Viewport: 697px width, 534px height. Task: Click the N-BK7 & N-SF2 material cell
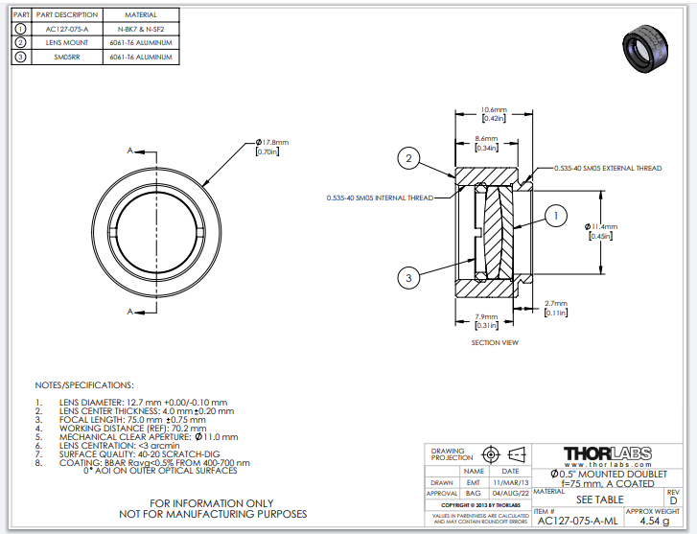point(141,29)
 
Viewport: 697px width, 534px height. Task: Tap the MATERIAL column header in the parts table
point(141,15)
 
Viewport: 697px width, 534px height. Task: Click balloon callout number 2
point(408,159)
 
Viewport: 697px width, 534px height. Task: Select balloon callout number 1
point(553,216)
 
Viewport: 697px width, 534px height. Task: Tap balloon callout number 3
point(408,278)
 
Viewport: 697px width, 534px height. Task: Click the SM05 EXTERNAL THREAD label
point(607,168)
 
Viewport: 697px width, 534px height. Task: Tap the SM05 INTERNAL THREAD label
point(380,198)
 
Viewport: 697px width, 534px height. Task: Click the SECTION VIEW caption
point(495,342)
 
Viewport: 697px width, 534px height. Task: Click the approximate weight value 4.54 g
point(653,521)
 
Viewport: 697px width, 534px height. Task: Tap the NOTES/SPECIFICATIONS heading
point(82,383)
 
